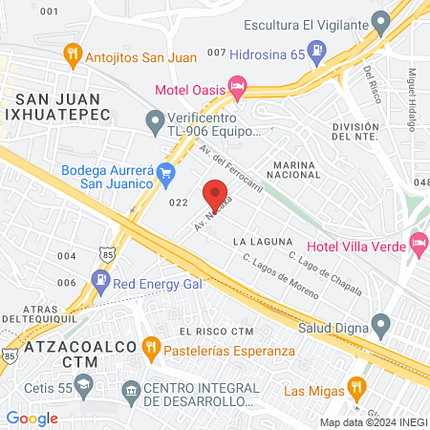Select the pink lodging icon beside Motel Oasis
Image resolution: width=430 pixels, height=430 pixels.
[x=238, y=90]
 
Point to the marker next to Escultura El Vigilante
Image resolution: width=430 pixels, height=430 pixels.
[x=380, y=21]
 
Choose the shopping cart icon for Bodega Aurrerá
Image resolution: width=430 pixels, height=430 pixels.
[x=167, y=173]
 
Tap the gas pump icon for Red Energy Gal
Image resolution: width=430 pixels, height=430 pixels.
[x=100, y=280]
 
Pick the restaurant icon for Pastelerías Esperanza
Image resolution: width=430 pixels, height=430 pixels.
[x=149, y=346]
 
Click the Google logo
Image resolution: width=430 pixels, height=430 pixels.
[x=32, y=418]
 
